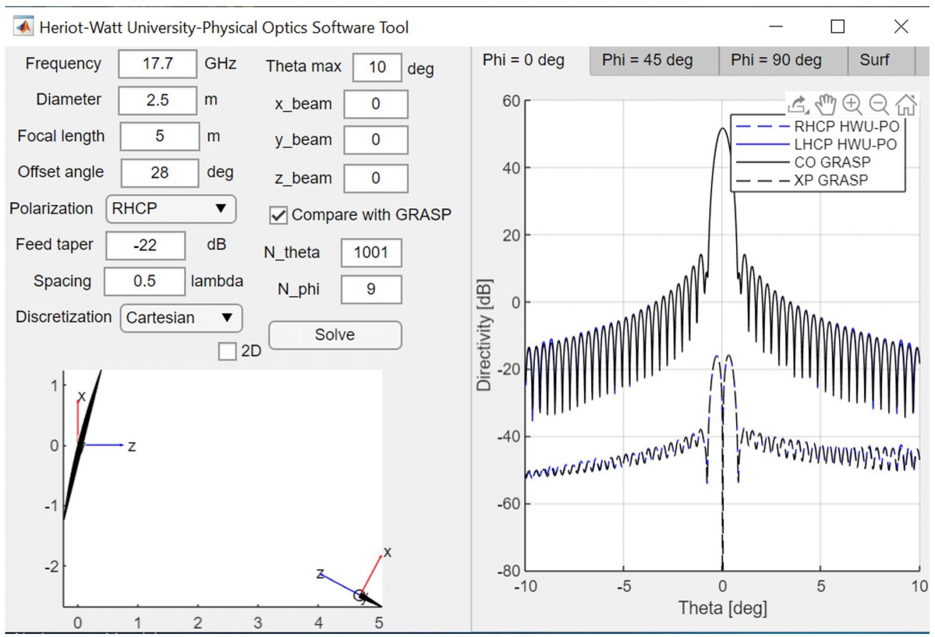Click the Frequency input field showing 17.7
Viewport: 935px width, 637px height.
(x=157, y=64)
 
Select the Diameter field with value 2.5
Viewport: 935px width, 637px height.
(x=157, y=100)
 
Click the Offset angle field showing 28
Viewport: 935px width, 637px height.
(x=159, y=173)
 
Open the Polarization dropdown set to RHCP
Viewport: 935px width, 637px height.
(x=170, y=209)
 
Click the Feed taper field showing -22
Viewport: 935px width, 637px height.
(x=145, y=245)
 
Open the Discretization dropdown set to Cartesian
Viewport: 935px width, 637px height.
(x=181, y=318)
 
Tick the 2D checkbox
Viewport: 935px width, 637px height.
(x=228, y=351)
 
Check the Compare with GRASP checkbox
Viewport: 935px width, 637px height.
(x=278, y=215)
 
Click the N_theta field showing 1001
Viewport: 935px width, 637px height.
(x=371, y=253)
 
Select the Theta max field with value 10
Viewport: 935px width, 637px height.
(x=377, y=67)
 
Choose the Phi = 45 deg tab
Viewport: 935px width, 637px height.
(x=647, y=60)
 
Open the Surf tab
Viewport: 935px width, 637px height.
(x=874, y=60)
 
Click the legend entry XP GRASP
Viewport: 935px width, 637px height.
(x=830, y=180)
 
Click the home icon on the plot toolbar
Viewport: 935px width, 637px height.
(x=906, y=105)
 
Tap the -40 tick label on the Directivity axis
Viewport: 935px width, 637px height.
(x=510, y=437)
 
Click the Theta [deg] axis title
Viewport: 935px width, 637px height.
(x=723, y=608)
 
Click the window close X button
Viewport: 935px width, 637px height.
(x=901, y=27)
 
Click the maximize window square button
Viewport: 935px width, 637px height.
(x=838, y=27)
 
